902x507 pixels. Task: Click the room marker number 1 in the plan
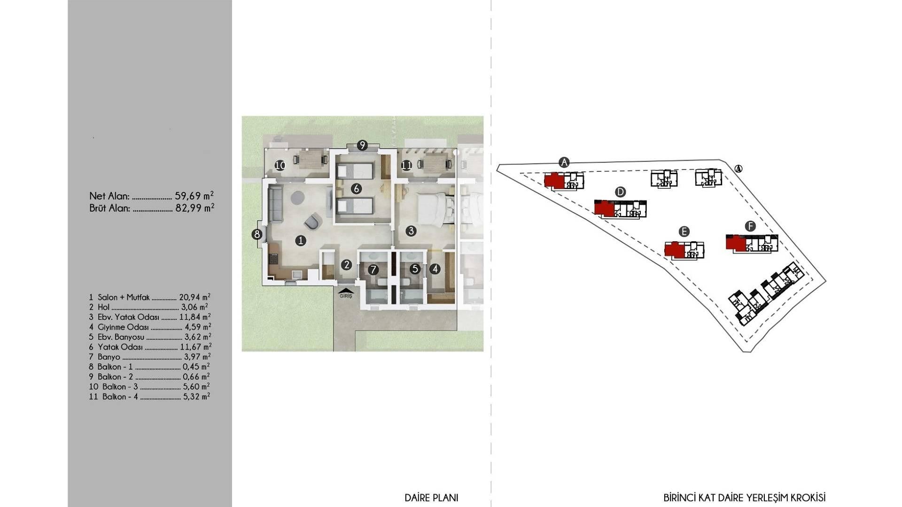pyautogui.click(x=301, y=241)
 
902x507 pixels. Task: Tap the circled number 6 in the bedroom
pyautogui.click(x=356, y=189)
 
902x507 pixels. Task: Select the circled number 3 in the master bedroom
pyautogui.click(x=411, y=230)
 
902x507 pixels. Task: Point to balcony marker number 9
pyautogui.click(x=362, y=146)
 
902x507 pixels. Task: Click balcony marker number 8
pyautogui.click(x=257, y=234)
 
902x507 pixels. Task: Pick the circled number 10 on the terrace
pyautogui.click(x=280, y=165)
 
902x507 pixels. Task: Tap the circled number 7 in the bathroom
pyautogui.click(x=373, y=269)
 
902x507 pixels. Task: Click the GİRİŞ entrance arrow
pyautogui.click(x=346, y=291)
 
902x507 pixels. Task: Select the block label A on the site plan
pyautogui.click(x=564, y=162)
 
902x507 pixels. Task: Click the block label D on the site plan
pyautogui.click(x=620, y=192)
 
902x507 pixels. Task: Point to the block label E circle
pyautogui.click(x=684, y=231)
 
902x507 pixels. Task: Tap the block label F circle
pyautogui.click(x=750, y=226)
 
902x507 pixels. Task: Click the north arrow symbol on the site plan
pyautogui.click(x=739, y=169)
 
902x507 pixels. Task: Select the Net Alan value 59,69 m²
pyautogui.click(x=194, y=195)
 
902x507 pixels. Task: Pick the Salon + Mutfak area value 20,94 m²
pyautogui.click(x=195, y=297)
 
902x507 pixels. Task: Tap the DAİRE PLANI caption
pyautogui.click(x=431, y=498)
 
